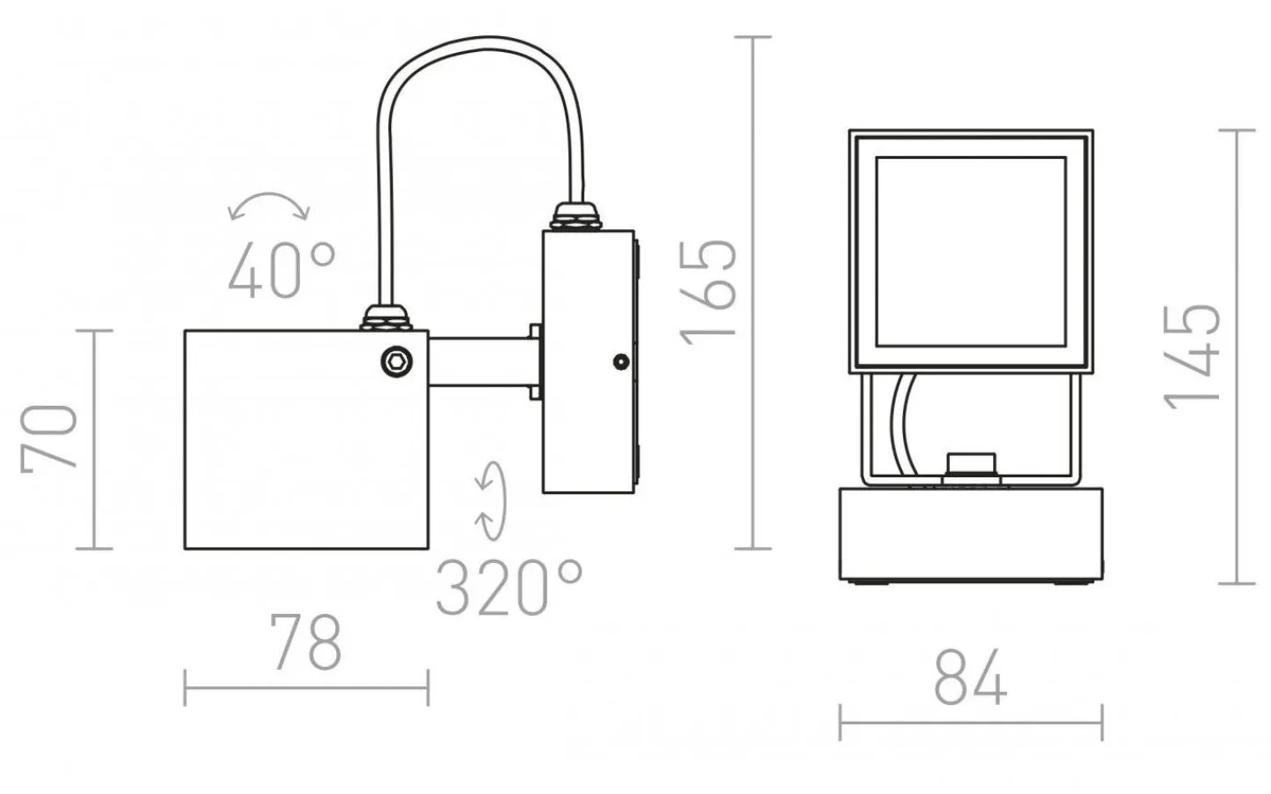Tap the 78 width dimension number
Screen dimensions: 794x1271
(x=305, y=642)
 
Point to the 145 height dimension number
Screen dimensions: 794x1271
(x=1192, y=356)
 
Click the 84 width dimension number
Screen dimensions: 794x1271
(x=970, y=678)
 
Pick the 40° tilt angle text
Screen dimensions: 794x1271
(x=282, y=269)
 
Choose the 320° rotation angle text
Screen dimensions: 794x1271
(x=509, y=588)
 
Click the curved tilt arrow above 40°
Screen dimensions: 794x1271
(x=269, y=206)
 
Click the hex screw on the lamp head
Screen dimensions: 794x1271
(x=396, y=361)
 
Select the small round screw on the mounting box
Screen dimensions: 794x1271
(x=621, y=362)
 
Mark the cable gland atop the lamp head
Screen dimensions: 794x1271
(x=387, y=318)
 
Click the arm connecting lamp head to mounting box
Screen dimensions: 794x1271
(x=481, y=361)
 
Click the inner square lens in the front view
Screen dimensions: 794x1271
(x=971, y=252)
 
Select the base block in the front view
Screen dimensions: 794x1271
(x=971, y=534)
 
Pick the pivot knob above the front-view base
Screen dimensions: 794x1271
(x=971, y=465)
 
